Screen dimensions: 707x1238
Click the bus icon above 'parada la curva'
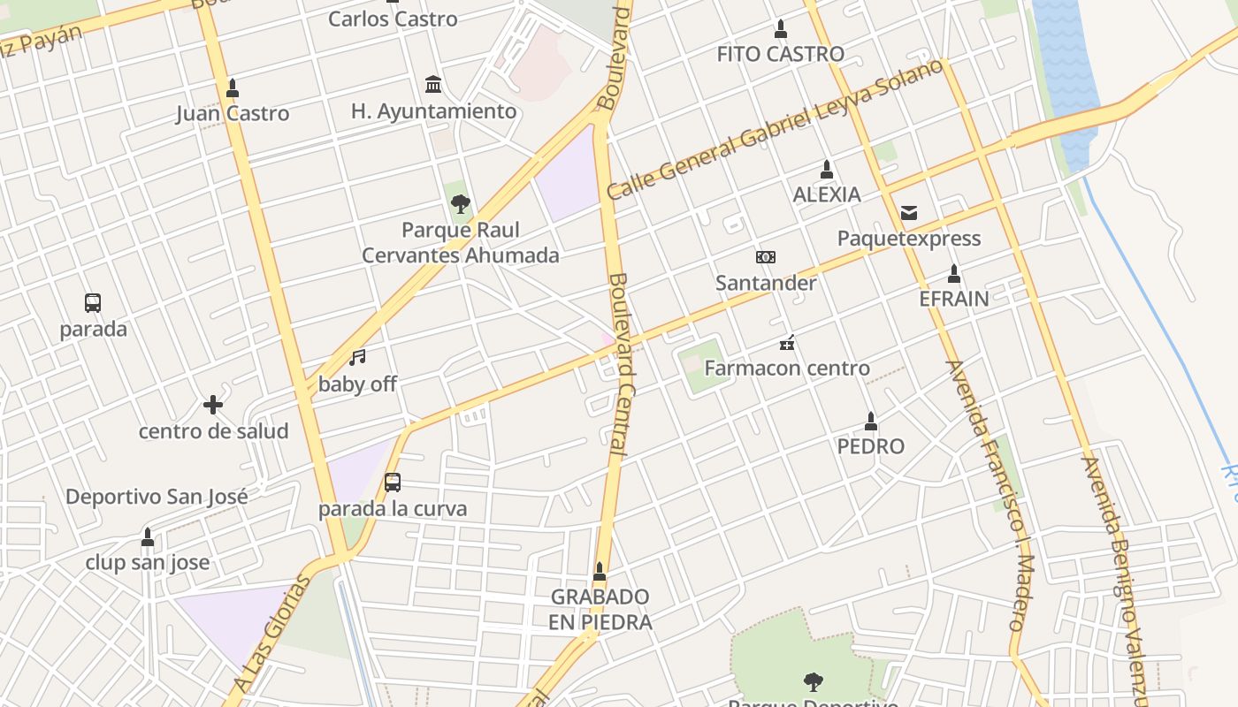coord(393,483)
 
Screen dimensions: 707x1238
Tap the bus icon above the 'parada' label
coord(93,303)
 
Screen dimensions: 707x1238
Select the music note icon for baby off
coord(357,357)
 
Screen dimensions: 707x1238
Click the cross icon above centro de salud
coord(213,405)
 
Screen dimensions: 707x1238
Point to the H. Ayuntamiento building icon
coord(433,85)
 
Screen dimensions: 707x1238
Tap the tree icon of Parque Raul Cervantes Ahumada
coord(460,205)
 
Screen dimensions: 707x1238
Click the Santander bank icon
coord(766,257)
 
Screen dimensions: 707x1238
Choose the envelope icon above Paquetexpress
coord(909,213)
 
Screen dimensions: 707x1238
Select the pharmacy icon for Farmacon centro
coord(787,343)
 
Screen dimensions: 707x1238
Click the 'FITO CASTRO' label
coord(780,54)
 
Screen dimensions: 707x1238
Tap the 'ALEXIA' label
coord(827,194)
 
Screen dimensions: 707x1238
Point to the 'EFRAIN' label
coord(954,299)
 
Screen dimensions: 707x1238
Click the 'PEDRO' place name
coord(871,446)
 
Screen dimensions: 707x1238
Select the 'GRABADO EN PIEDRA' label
coord(600,609)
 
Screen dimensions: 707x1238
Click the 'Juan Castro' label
coord(233,113)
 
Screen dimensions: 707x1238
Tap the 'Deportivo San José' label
coord(157,497)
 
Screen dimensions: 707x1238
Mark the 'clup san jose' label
coord(148,562)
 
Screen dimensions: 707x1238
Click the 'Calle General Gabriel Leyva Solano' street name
coord(775,129)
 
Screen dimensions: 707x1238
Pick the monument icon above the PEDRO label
coord(871,421)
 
